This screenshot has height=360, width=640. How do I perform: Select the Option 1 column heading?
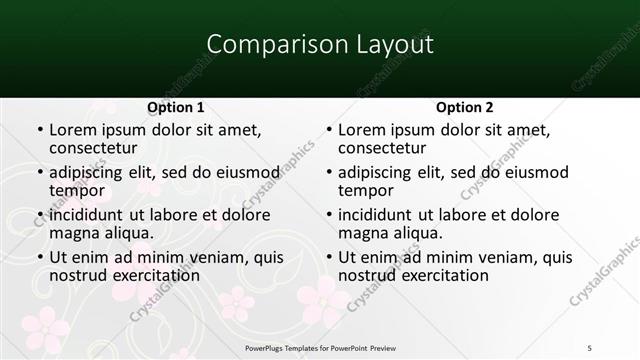coord(176,107)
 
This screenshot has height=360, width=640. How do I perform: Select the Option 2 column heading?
coord(464,107)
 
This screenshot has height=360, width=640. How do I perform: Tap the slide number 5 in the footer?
coord(590,346)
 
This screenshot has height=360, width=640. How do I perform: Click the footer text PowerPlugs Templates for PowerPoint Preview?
coord(321,346)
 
